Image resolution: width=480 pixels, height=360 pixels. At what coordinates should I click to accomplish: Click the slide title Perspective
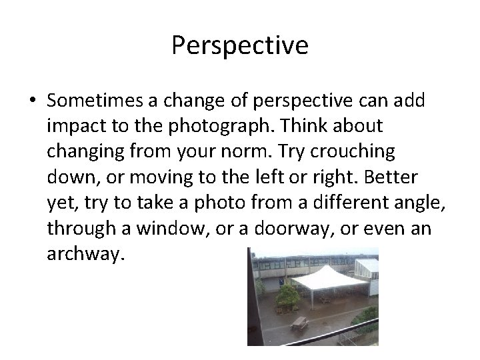tap(240, 45)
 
